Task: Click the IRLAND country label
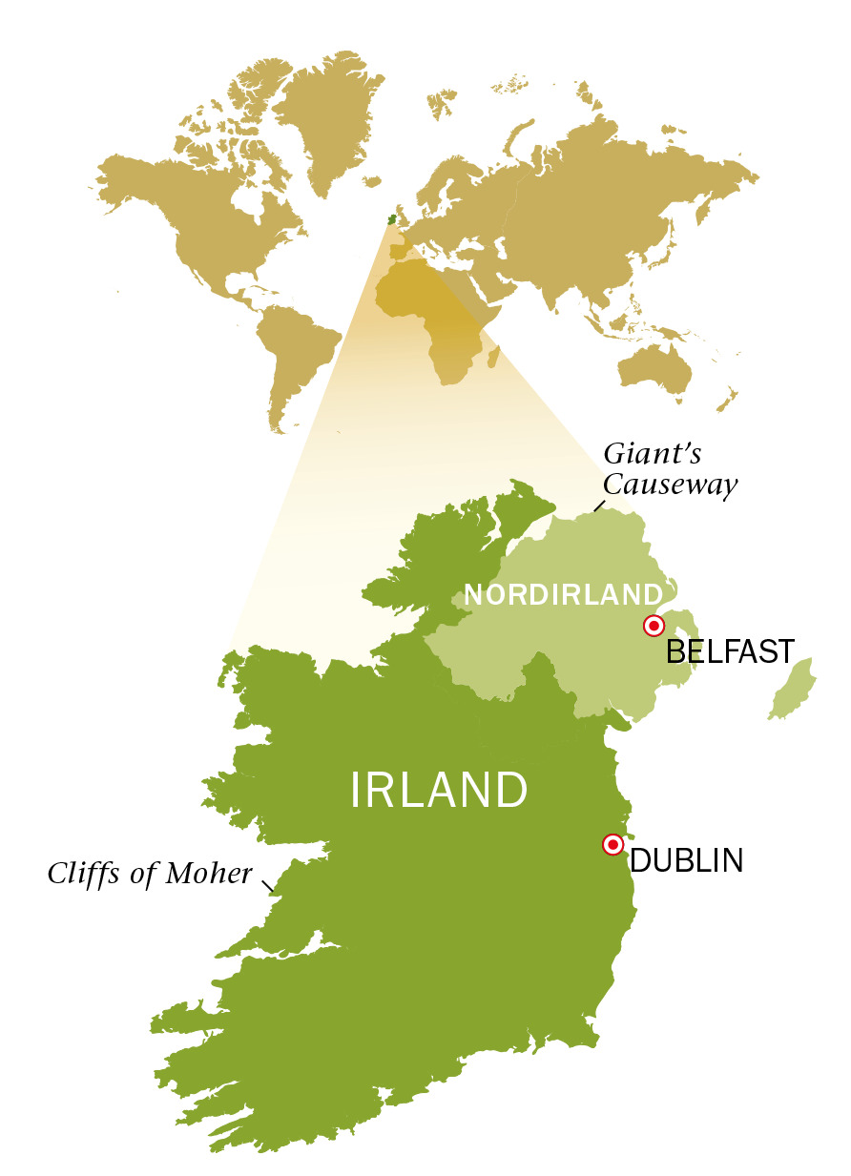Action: pos(439,791)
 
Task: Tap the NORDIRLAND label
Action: pos(563,595)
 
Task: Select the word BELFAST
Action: pos(730,652)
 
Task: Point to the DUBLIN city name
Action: pos(686,860)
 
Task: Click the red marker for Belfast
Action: pos(654,627)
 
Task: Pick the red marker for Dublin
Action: pos(612,844)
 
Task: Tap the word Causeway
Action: pos(670,485)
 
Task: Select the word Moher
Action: pos(208,873)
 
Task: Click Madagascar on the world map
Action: pos(493,357)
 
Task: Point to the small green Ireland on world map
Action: pos(391,219)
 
